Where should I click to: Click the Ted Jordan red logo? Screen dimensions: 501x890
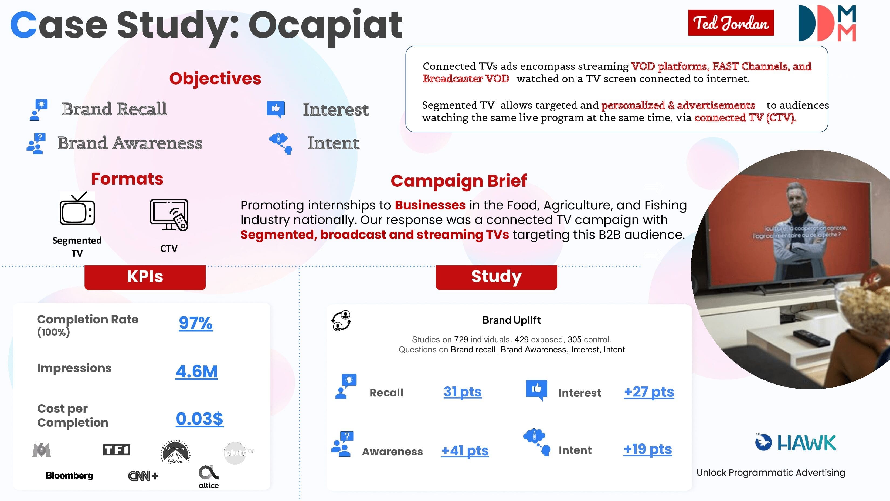(731, 23)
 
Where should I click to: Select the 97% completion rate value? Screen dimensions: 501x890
(196, 323)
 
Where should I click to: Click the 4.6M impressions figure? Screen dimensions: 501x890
(196, 372)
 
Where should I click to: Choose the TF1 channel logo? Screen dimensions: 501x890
(117, 450)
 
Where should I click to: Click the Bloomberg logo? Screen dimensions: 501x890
(69, 475)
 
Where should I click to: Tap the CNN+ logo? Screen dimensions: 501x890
(143, 476)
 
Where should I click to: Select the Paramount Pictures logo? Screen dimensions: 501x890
(175, 452)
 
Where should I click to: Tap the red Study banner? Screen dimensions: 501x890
(496, 277)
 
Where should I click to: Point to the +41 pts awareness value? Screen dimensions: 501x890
(465, 450)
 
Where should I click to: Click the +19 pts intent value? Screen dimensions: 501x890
(647, 449)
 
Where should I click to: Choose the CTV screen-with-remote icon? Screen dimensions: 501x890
(169, 215)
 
